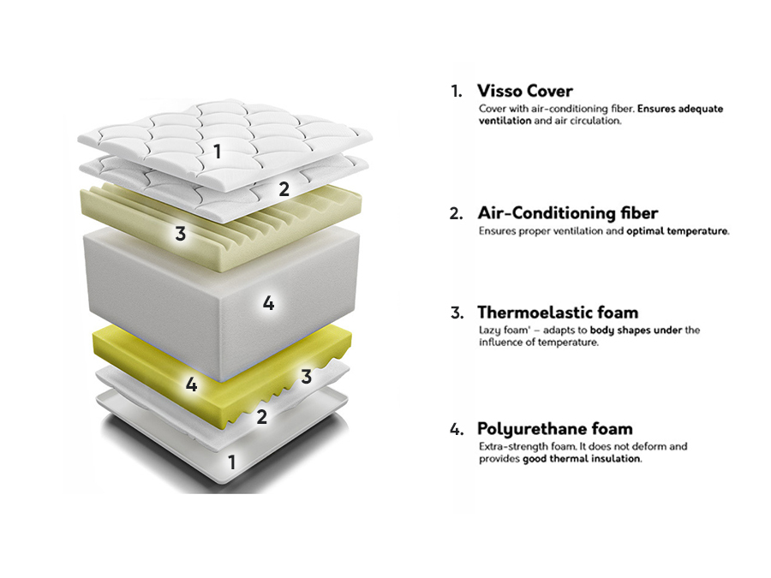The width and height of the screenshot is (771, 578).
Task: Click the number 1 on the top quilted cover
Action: point(218,152)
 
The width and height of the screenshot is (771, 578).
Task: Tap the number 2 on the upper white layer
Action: point(284,189)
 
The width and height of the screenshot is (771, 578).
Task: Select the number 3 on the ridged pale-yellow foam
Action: point(180,233)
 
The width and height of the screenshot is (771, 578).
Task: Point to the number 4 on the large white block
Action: point(268,303)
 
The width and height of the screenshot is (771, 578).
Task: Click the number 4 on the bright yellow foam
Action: point(192,385)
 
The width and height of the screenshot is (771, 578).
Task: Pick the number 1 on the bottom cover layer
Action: point(230,462)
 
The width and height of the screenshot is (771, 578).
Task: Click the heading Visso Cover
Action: point(524,91)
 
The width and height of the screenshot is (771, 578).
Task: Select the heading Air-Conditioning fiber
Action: point(567,213)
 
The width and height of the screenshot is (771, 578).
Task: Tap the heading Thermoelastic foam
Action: point(557,313)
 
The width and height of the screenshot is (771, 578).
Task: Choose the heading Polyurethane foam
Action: point(554,429)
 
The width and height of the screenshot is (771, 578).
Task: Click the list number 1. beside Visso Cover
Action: point(457,91)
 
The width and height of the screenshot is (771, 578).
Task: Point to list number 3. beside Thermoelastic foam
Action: point(457,313)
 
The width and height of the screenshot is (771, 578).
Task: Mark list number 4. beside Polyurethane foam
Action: point(457,429)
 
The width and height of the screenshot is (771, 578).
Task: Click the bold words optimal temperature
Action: point(677,231)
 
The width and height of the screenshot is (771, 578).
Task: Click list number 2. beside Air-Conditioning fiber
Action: point(457,213)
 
